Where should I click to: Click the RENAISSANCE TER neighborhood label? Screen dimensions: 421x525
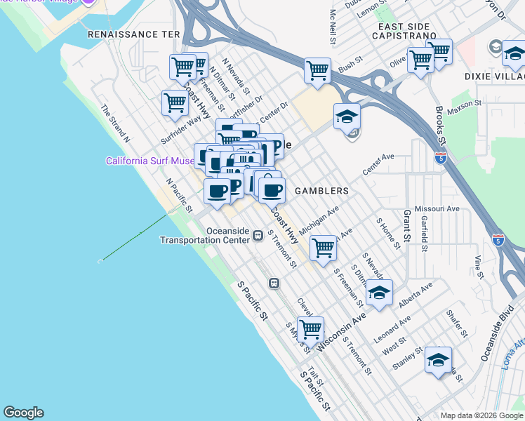click(x=133, y=34)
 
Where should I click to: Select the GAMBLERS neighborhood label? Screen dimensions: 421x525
click(x=321, y=191)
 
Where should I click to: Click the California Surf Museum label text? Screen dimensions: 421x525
click(x=149, y=161)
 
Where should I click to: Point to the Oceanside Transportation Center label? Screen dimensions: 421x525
click(x=205, y=235)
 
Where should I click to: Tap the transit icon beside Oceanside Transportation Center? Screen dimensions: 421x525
click(x=258, y=235)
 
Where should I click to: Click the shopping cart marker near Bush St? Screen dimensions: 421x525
click(x=317, y=70)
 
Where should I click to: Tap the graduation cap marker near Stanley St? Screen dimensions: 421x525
click(x=438, y=360)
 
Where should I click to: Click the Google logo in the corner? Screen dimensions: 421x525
click(x=23, y=413)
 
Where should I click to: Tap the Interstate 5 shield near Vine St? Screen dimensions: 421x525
click(x=498, y=239)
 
